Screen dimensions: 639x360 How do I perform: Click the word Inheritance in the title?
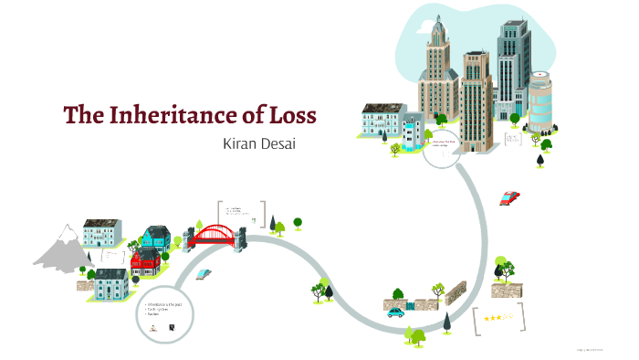[182, 116]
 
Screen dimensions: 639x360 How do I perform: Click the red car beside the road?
[509, 197]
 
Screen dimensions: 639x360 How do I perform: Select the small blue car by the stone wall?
[395, 312]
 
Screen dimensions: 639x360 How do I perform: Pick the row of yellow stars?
[498, 318]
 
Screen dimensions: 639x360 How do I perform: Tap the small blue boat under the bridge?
[202, 273]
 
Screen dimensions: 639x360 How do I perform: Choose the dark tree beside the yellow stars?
[448, 323]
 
